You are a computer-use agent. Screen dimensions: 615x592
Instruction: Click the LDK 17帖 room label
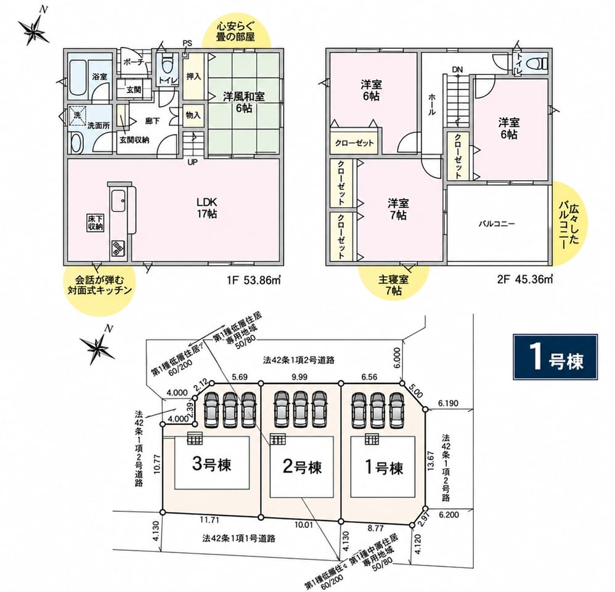pyautogui.click(x=206, y=208)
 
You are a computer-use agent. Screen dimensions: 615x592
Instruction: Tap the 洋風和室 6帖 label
pyautogui.click(x=243, y=102)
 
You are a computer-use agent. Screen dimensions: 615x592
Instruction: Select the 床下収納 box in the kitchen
pyautogui.click(x=95, y=223)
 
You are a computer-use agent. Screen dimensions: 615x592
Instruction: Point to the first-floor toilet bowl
pyautogui.click(x=168, y=63)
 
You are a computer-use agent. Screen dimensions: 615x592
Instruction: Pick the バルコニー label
pyautogui.click(x=497, y=224)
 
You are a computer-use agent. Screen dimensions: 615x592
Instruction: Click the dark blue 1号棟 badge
pyautogui.click(x=555, y=357)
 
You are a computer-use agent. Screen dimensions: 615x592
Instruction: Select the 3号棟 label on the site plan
pyautogui.click(x=212, y=464)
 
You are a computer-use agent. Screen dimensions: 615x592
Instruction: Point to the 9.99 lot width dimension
pyautogui.click(x=299, y=377)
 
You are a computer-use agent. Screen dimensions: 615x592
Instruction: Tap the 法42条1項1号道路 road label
pyautogui.click(x=239, y=538)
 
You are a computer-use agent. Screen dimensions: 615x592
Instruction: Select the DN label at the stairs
pyautogui.click(x=457, y=70)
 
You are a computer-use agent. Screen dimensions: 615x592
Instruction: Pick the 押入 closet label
pyautogui.click(x=193, y=76)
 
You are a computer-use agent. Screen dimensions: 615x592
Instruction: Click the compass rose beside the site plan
pyautogui.click(x=98, y=345)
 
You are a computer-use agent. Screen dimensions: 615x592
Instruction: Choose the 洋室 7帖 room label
pyautogui.click(x=399, y=209)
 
